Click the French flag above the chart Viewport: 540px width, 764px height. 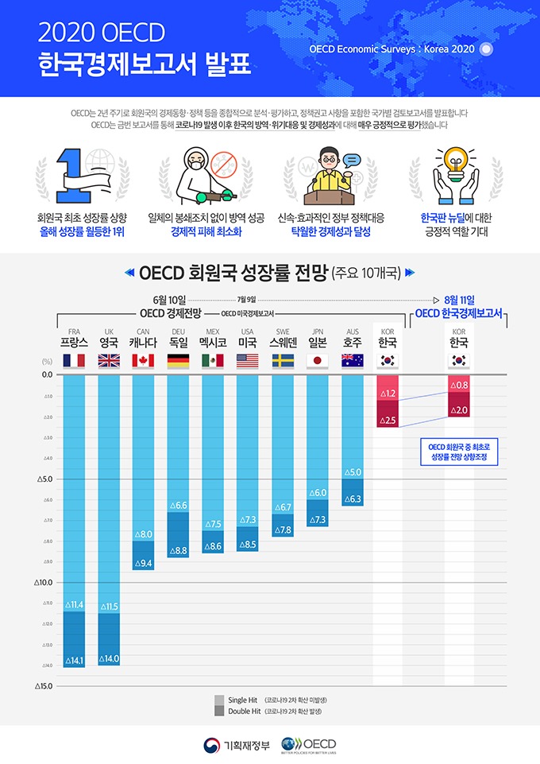click(74, 361)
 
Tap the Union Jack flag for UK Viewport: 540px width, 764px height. click(109, 361)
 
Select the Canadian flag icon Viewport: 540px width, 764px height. click(143, 361)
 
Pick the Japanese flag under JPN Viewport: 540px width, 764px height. click(317, 361)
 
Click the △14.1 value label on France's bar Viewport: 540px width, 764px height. click(74, 659)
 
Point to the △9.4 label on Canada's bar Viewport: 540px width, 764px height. click(144, 563)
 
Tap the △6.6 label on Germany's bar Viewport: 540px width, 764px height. click(179, 506)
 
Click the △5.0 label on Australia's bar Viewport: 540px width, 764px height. click(352, 472)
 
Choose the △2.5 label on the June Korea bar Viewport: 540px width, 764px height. click(388, 419)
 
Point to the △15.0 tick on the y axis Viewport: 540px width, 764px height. click(44, 686)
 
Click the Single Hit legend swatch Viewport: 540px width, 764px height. click(219, 700)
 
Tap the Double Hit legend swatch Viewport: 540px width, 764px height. click(219, 711)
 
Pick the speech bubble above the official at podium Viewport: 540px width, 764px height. click(352, 159)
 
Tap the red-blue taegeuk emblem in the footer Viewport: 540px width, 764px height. click(212, 745)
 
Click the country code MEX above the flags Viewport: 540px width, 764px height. click(213, 331)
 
